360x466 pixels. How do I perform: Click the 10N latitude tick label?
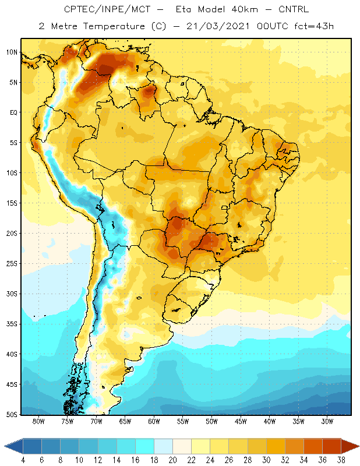pyautogui.click(x=12, y=52)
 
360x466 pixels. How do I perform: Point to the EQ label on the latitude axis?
pyautogui.click(x=13, y=112)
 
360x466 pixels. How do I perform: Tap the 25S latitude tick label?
pyautogui.click(x=12, y=264)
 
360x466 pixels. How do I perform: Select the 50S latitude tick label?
pyautogui.click(x=12, y=414)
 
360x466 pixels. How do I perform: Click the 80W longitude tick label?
pyautogui.click(x=38, y=421)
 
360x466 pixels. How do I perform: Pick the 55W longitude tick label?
pyautogui.click(x=183, y=421)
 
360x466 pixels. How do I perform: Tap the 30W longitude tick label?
pyautogui.click(x=327, y=421)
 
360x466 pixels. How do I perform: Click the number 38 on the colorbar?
pyautogui.click(x=341, y=460)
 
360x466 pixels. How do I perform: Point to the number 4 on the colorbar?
pyautogui.click(x=23, y=460)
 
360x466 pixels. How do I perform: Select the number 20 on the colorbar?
pyautogui.click(x=172, y=460)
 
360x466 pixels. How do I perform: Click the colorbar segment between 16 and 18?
pyautogui.click(x=145, y=446)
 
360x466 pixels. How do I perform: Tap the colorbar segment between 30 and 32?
pyautogui.click(x=276, y=446)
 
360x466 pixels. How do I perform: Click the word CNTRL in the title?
pyautogui.click(x=294, y=9)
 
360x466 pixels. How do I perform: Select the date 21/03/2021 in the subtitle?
pyautogui.click(x=218, y=26)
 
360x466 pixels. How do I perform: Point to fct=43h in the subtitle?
pyautogui.click(x=314, y=26)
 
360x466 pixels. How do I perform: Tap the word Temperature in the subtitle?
pyautogui.click(x=114, y=26)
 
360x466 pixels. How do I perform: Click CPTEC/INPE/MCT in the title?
pyautogui.click(x=107, y=9)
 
